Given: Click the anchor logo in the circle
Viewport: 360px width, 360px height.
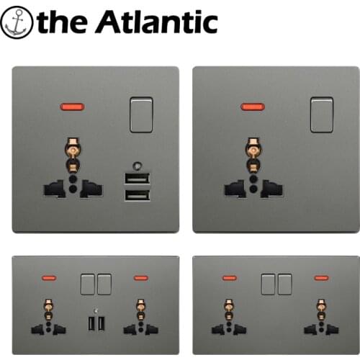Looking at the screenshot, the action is coord(17,22).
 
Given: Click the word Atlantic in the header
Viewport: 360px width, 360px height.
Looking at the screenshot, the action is coord(156,22).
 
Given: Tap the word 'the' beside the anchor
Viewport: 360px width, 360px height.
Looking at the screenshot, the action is coord(63,22).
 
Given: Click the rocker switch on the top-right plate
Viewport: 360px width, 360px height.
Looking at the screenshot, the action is coord(322,114).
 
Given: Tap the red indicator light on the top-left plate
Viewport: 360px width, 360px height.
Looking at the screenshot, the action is coord(73,107).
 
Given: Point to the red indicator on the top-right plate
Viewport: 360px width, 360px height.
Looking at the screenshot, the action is coord(253,107).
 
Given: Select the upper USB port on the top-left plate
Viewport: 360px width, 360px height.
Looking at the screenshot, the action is coord(138,179).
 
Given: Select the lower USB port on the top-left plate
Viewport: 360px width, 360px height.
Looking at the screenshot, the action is coord(138,195).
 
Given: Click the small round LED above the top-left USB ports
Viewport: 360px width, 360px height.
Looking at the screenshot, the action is coord(138,166).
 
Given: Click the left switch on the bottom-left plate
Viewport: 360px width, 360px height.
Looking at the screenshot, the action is coord(88,284).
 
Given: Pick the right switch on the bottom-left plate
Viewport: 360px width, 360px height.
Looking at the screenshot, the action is coord(104,284).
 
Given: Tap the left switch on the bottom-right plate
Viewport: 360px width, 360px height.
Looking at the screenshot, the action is coord(268,284).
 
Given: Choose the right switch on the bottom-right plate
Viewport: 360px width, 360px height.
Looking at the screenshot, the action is coord(285,284).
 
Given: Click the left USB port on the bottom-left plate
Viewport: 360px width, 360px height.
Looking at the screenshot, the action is coord(91,323).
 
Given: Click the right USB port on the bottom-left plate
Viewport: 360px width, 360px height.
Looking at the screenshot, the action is coord(102,323).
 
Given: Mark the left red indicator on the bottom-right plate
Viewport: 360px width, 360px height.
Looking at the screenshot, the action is coord(230,278).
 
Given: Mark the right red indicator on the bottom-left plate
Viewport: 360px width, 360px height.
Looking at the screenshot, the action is coord(141,278).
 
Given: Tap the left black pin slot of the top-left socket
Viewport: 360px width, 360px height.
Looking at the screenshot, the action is coord(54,189).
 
